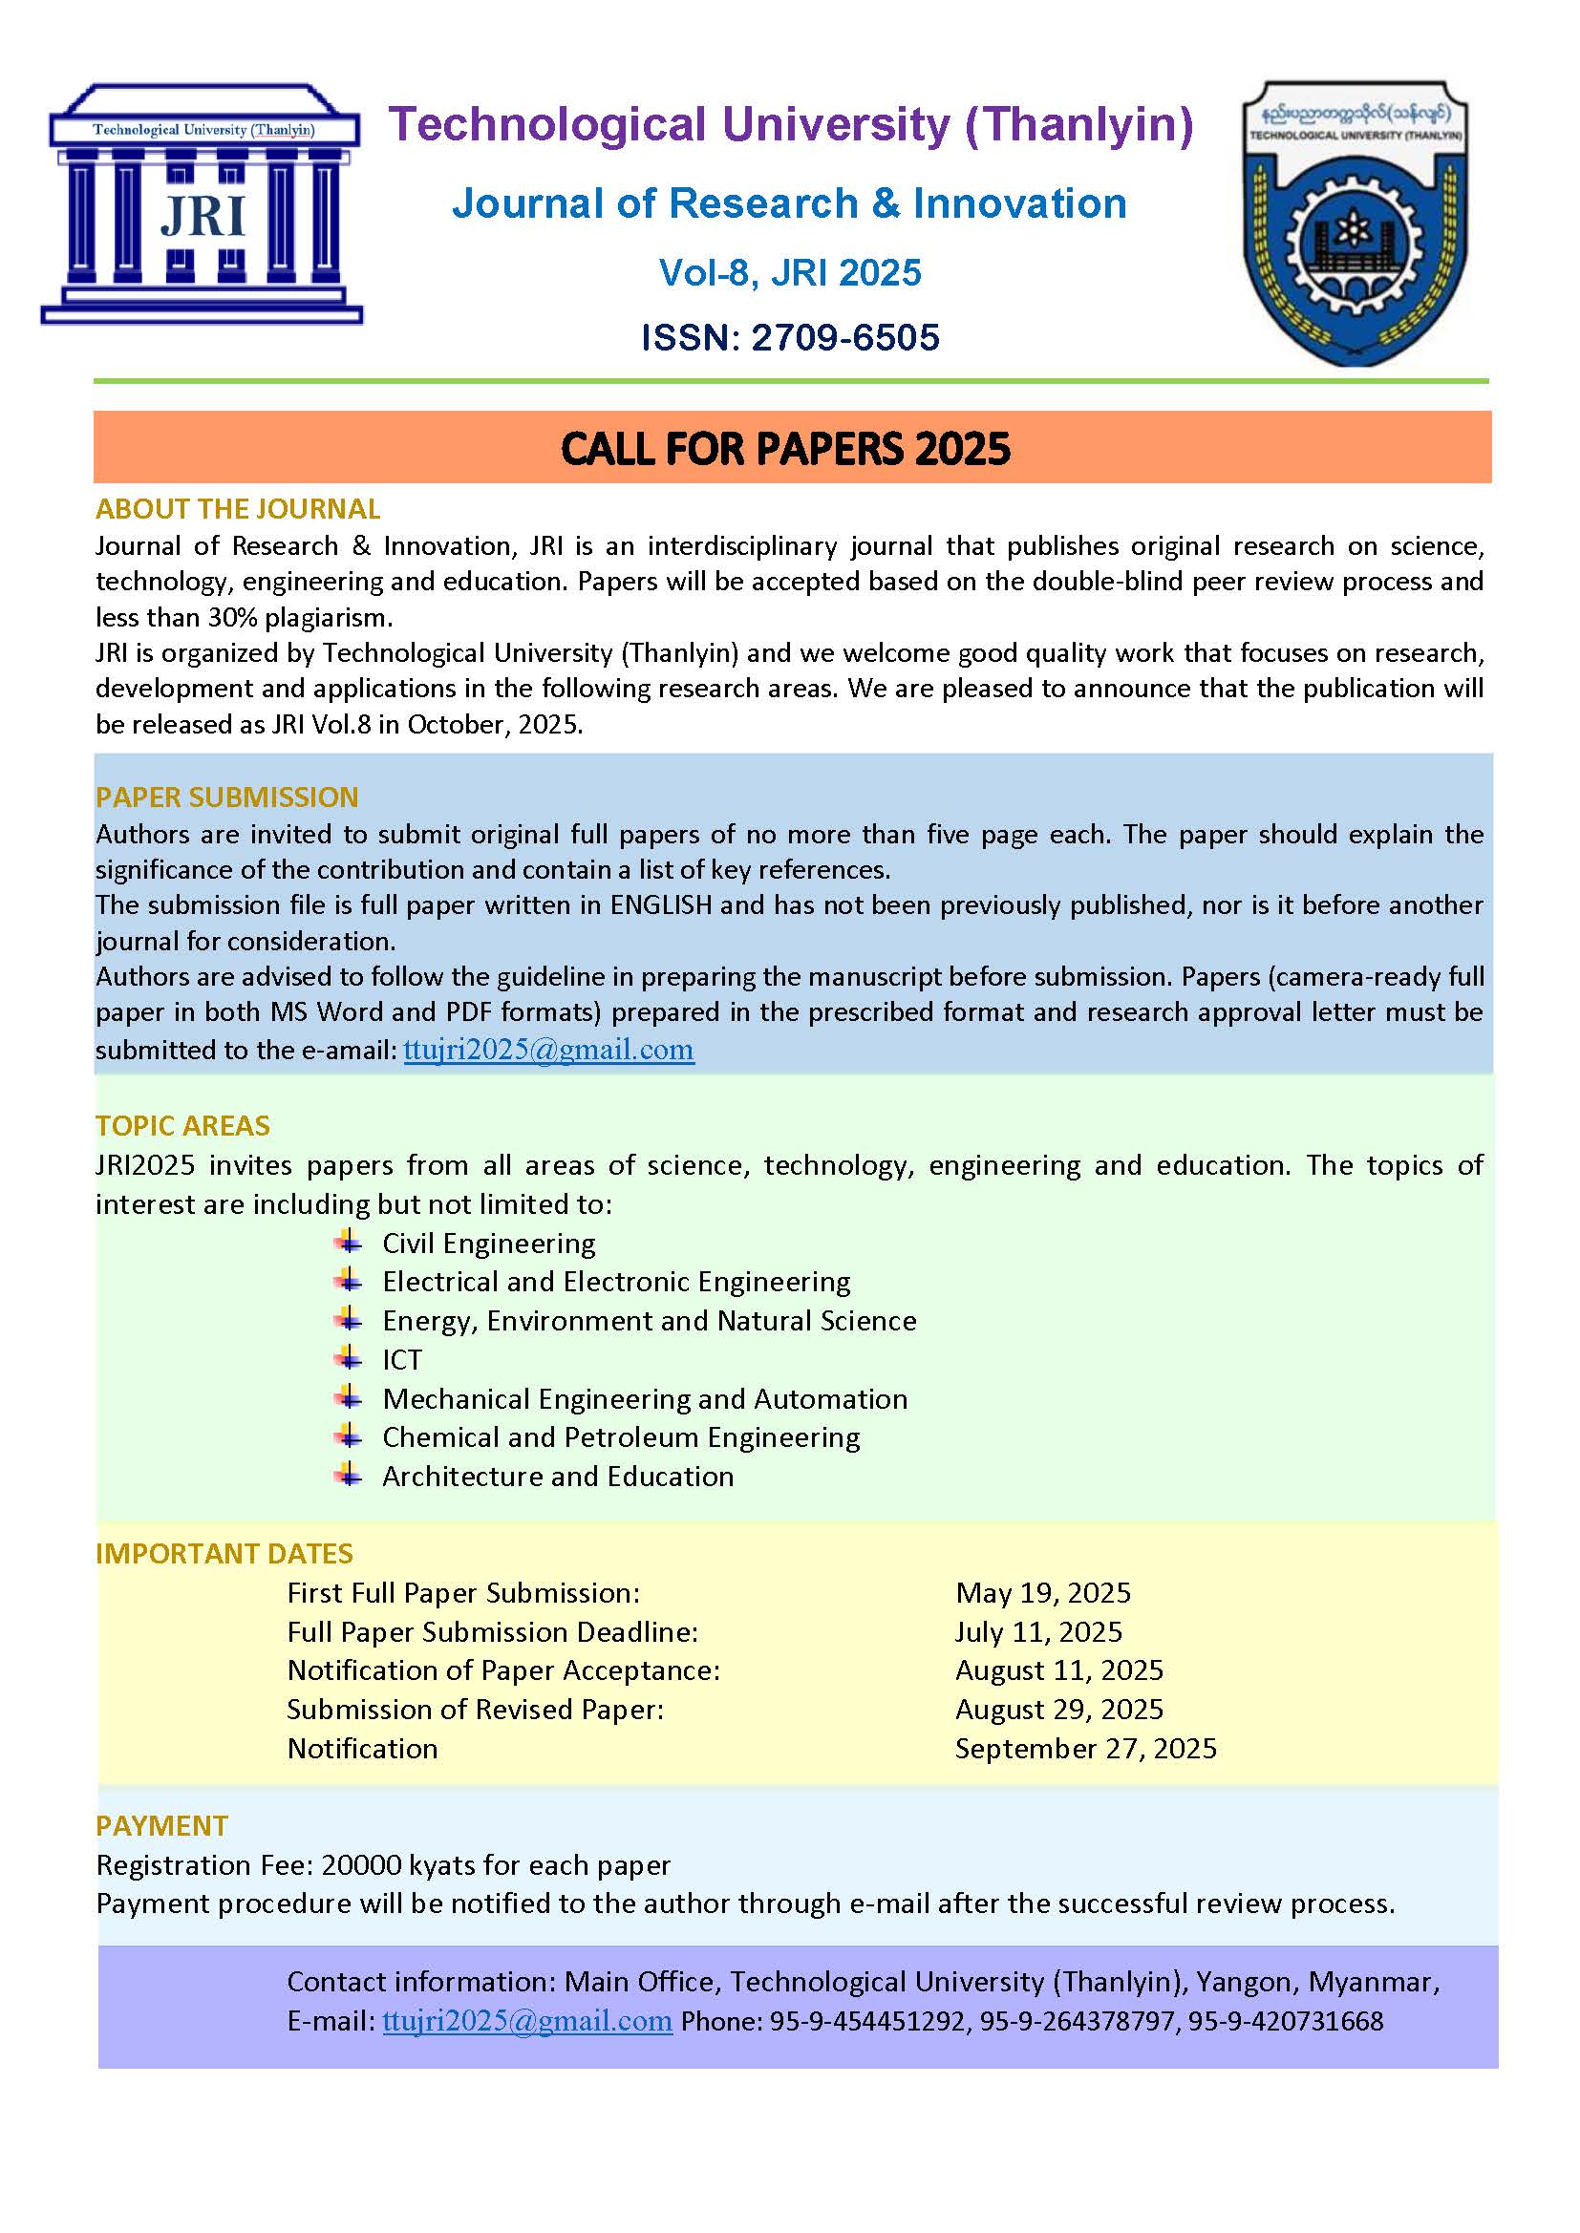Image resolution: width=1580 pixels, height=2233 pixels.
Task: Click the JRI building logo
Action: pyautogui.click(x=202, y=203)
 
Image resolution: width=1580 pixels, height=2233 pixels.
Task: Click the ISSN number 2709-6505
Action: pyautogui.click(x=844, y=337)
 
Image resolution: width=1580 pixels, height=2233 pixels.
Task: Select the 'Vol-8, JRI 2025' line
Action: pyautogui.click(x=789, y=273)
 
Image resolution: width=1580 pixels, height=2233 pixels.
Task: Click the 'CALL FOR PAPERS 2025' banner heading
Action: pyautogui.click(x=785, y=448)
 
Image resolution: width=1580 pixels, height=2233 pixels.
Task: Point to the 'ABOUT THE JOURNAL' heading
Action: pyautogui.click(x=238, y=509)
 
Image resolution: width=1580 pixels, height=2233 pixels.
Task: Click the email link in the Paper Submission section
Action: pyautogui.click(x=548, y=1050)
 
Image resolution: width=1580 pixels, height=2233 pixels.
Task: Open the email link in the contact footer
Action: pyautogui.click(x=527, y=2021)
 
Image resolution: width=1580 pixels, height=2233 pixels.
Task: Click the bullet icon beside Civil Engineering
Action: pyautogui.click(x=349, y=1242)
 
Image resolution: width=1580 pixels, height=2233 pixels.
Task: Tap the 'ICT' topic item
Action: pyautogui.click(x=402, y=1360)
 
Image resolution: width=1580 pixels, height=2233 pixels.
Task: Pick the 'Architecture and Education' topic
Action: pyautogui.click(x=558, y=1477)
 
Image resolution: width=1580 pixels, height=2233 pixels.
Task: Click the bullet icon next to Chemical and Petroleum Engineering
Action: pyautogui.click(x=349, y=1436)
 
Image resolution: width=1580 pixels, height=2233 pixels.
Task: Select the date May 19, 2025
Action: pyautogui.click(x=1043, y=1593)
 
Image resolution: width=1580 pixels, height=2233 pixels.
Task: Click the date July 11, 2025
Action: pyautogui.click(x=1038, y=1632)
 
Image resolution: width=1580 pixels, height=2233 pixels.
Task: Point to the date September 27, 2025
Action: pyautogui.click(x=1086, y=1749)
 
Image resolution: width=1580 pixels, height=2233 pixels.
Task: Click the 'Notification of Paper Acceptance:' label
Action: pyautogui.click(x=503, y=1670)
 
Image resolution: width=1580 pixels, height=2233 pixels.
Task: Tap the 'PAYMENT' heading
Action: pyautogui.click(x=161, y=1825)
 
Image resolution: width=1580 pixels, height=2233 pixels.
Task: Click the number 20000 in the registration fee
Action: pyautogui.click(x=361, y=1865)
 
